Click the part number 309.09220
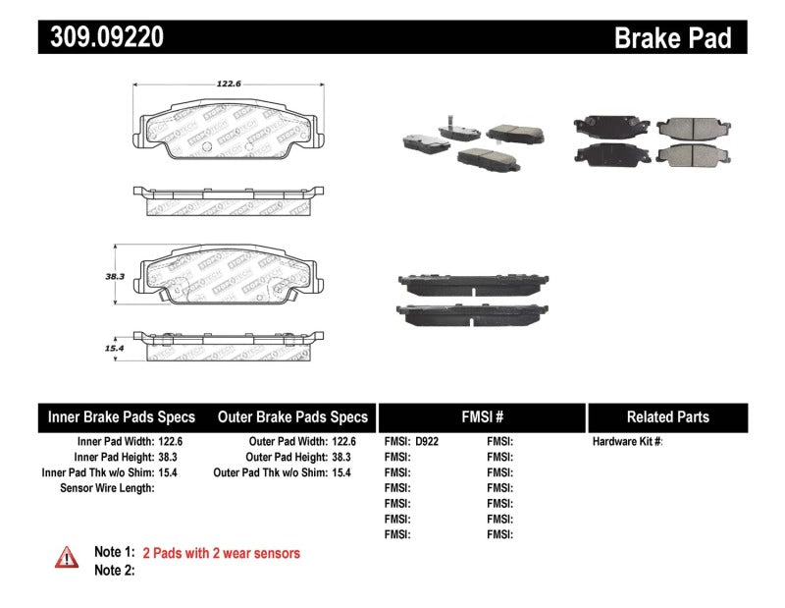click(102, 37)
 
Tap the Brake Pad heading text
click(672, 38)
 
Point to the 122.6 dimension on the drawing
click(228, 84)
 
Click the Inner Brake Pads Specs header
click(122, 416)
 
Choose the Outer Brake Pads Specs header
click(292, 416)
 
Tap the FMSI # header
click(481, 416)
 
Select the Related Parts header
click(667, 416)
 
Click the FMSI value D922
click(428, 442)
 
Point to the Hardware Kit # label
click(627, 442)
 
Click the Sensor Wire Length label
click(107, 488)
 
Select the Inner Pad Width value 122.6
click(167, 442)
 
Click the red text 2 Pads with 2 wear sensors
click(221, 553)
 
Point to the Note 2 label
click(113, 571)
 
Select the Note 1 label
click(113, 553)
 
